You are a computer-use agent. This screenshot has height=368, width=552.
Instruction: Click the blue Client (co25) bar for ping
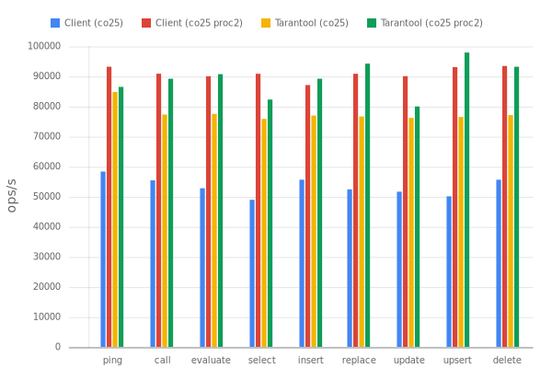click(x=103, y=259)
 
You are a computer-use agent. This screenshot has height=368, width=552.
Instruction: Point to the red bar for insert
click(x=307, y=215)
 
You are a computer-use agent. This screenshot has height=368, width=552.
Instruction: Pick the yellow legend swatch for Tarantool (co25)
click(x=266, y=21)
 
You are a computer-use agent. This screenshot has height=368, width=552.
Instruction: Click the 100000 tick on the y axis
click(x=44, y=45)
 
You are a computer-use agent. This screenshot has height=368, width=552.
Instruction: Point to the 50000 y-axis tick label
click(x=47, y=196)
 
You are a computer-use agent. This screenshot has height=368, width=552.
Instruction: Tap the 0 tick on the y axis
click(x=57, y=346)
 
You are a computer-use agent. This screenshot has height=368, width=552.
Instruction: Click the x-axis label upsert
click(x=457, y=359)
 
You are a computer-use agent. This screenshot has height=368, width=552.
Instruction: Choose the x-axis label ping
click(x=112, y=359)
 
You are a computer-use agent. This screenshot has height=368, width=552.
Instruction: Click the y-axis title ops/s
click(x=13, y=195)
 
